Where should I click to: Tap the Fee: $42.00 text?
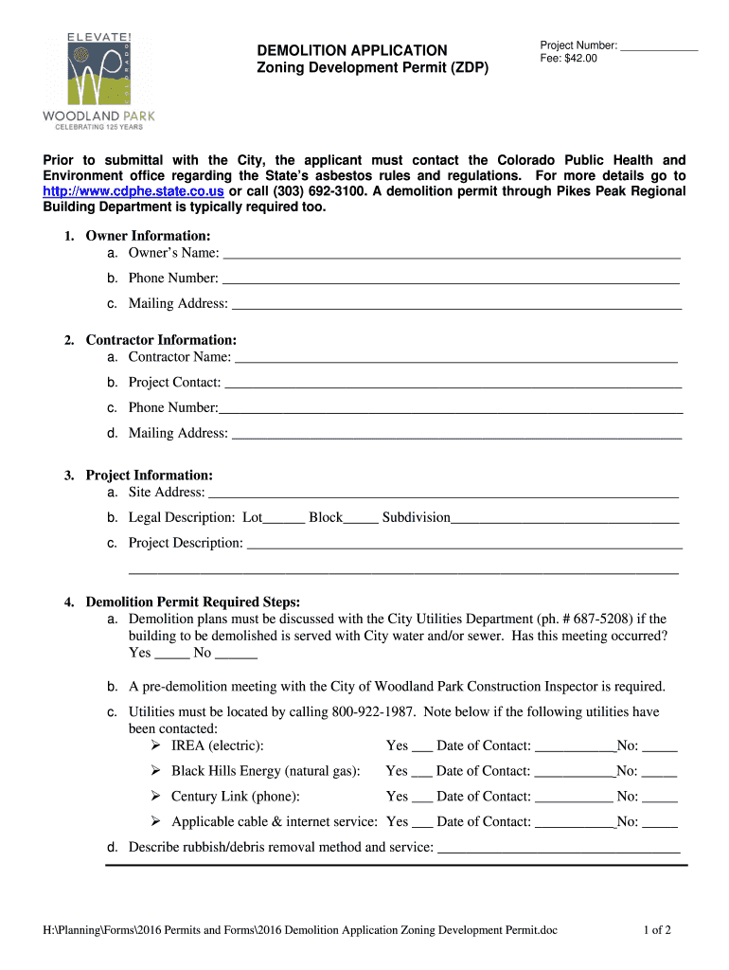[568, 59]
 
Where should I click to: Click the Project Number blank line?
[659, 45]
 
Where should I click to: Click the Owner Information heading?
[148, 235]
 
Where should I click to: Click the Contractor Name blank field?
[455, 357]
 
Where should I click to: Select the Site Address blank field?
[443, 493]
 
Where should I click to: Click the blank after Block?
[361, 518]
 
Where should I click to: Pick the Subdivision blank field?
[564, 518]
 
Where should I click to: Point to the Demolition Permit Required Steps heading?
[192, 602]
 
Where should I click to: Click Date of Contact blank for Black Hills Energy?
[575, 772]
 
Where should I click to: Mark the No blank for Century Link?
[659, 797]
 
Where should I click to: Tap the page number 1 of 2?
[656, 930]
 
